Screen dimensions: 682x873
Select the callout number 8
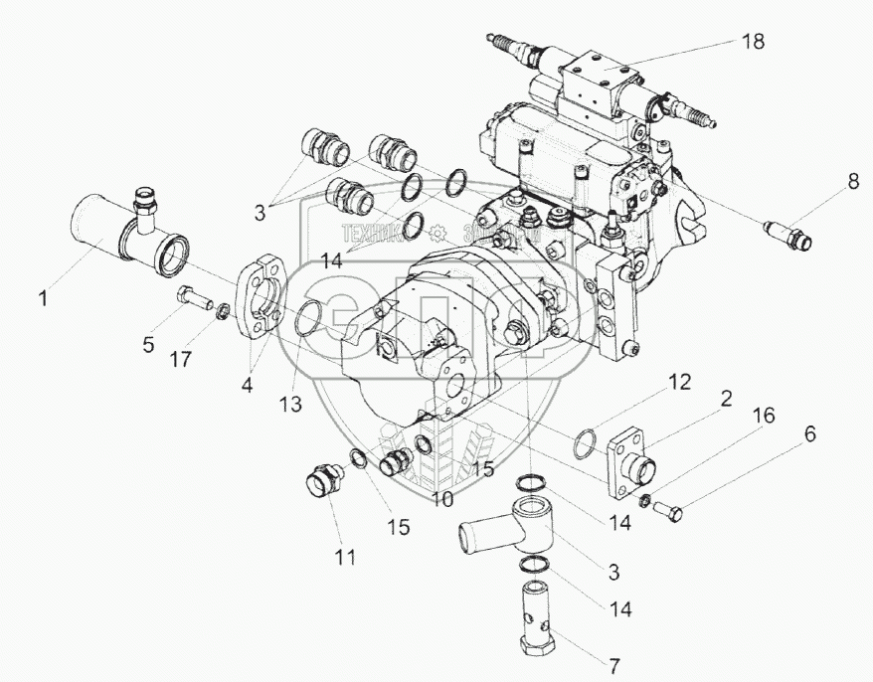[x=852, y=181]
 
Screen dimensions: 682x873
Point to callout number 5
[x=149, y=345]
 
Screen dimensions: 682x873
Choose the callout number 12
[x=678, y=381]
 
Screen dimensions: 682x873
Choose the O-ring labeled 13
[x=311, y=319]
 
